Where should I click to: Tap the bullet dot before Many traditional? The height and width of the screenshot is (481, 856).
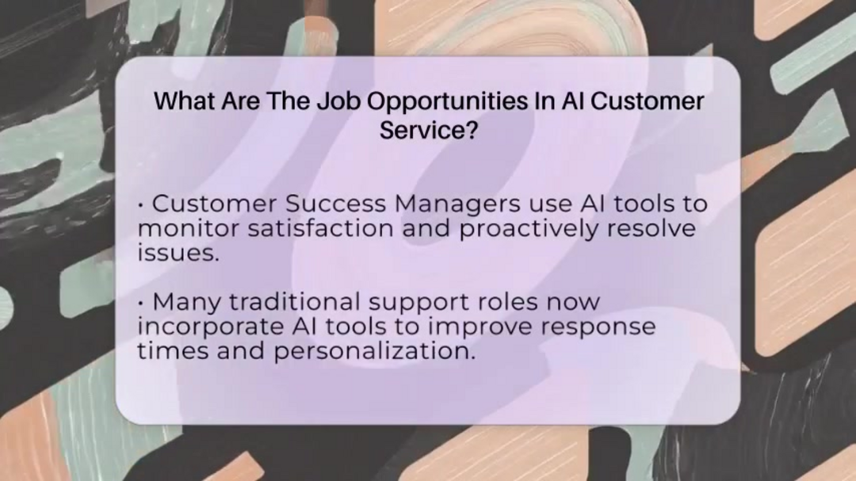tap(141, 303)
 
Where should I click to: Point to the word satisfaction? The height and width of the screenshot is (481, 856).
tap(320, 227)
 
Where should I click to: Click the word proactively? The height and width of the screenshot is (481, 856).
tap(529, 230)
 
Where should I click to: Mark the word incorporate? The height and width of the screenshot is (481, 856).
tap(210, 328)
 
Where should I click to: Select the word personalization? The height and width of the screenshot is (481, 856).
tap(374, 352)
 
